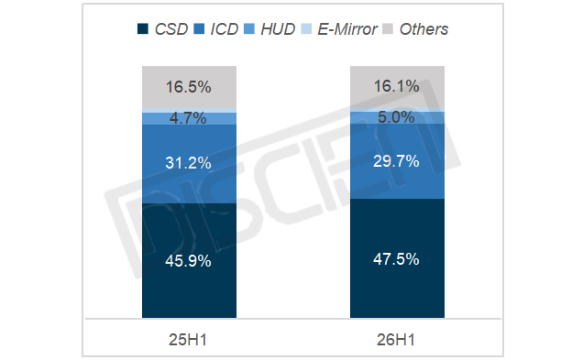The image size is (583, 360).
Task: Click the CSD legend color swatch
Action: click(143, 29)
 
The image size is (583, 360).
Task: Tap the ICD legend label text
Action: click(225, 29)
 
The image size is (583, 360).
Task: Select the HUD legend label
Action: click(278, 29)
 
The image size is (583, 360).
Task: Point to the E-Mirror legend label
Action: click(347, 29)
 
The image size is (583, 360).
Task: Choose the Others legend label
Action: click(423, 29)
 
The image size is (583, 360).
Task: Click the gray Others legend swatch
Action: click(388, 29)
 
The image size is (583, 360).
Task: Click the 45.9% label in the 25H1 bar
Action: click(188, 261)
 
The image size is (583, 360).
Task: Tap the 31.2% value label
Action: click(188, 163)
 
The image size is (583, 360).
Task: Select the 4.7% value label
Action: click(188, 118)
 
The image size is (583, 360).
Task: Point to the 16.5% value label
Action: click(188, 87)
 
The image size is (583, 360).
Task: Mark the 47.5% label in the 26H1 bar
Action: click(396, 259)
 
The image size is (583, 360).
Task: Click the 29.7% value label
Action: click(396, 161)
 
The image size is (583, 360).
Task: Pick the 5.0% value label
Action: click(396, 117)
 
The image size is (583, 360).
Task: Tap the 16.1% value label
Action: click(396, 86)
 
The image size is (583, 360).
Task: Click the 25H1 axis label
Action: click(188, 340)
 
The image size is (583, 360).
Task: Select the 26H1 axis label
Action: click(396, 340)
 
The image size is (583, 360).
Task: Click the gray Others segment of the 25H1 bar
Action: click(189, 87)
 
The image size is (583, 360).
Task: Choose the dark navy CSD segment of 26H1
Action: click(397, 258)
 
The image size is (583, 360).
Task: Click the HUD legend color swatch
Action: click(249, 29)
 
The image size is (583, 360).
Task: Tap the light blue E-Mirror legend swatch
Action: click(306, 29)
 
